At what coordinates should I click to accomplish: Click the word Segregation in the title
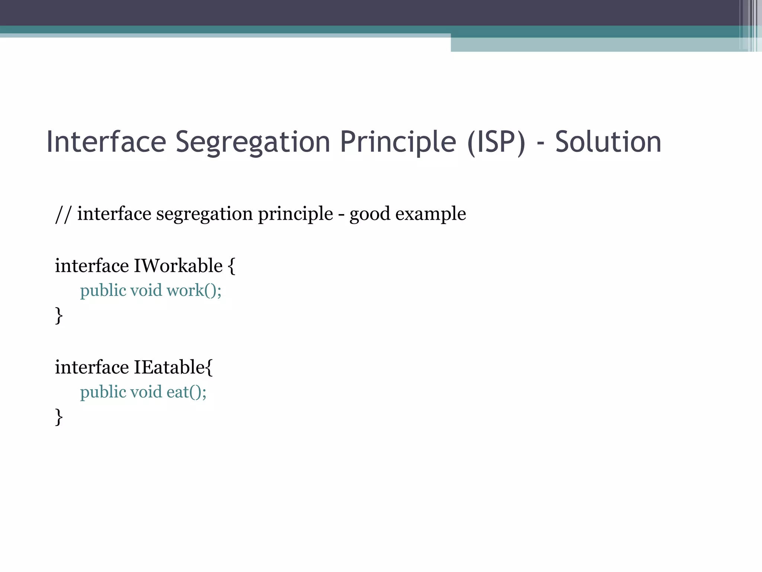253,142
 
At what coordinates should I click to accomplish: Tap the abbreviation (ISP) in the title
496,142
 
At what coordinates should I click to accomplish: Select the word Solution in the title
608,142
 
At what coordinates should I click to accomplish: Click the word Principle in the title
398,142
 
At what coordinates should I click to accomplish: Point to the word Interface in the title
106,142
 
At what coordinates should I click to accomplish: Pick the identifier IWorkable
178,266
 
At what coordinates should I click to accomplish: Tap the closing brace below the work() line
59,315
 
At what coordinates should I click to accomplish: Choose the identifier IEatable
169,367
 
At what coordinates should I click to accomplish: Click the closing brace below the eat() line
59,417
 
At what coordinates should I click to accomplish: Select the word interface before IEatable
92,367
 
